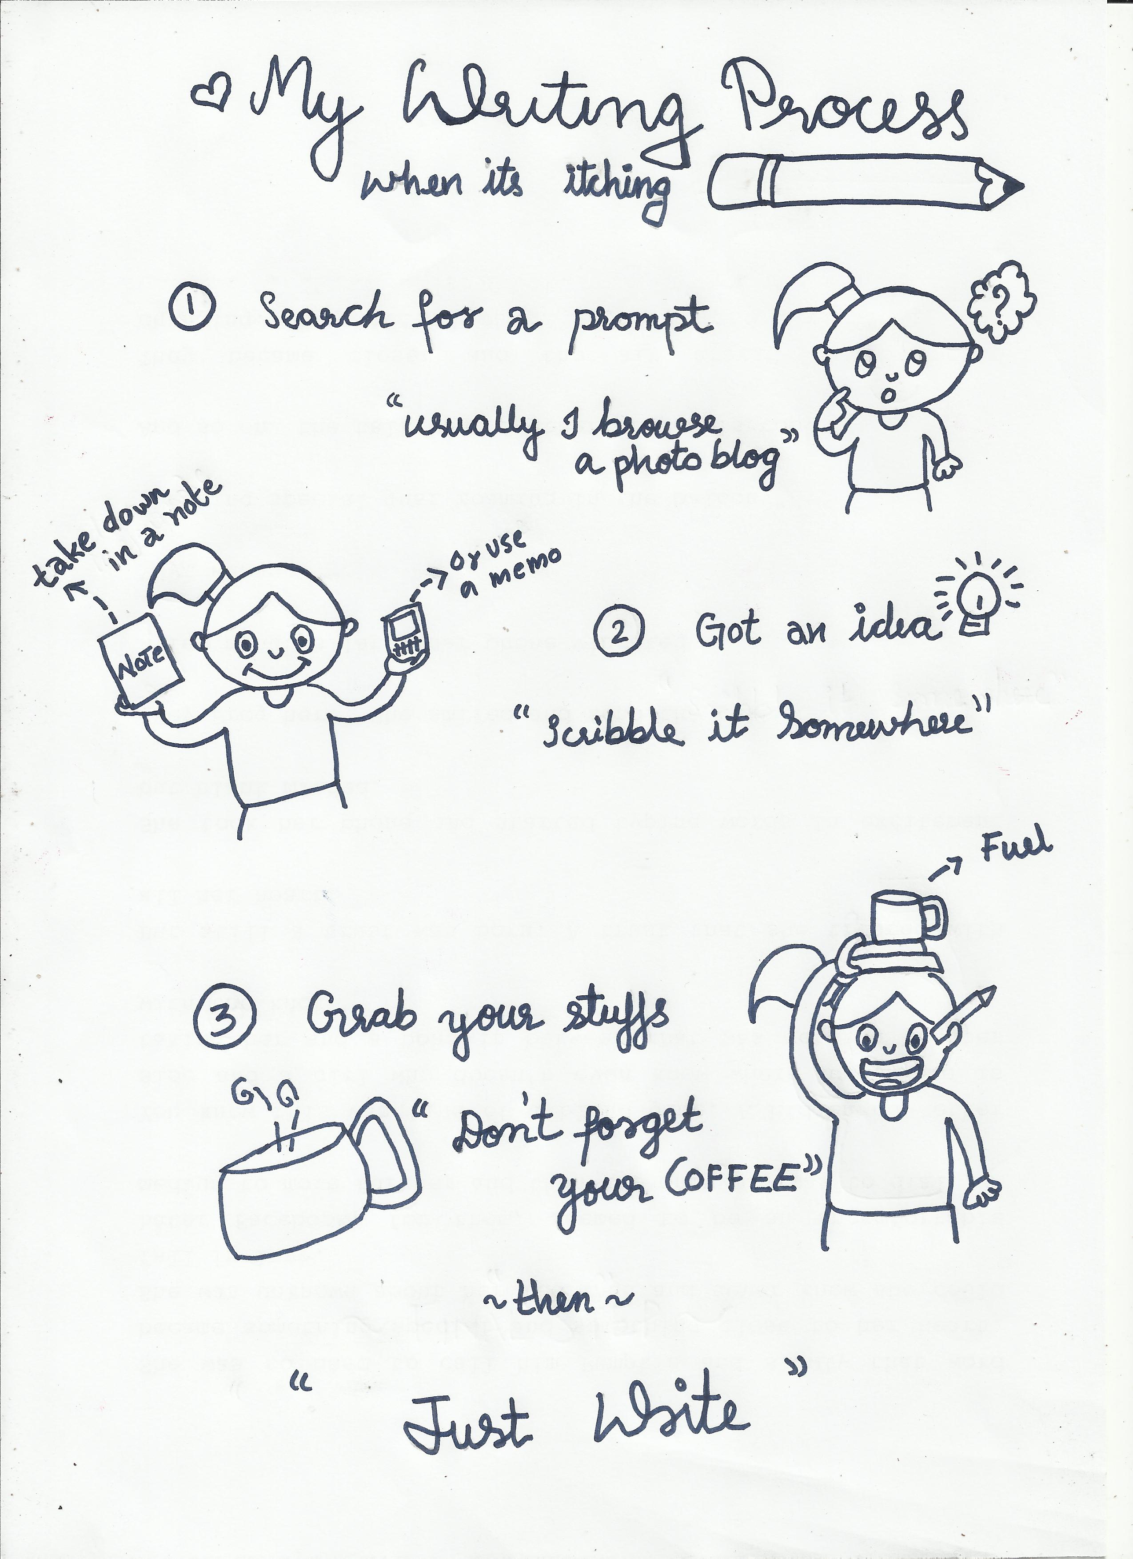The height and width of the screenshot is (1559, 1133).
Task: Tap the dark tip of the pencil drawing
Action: click(x=1014, y=186)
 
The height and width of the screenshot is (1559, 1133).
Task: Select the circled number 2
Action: click(x=619, y=634)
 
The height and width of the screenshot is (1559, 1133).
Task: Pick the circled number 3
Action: click(x=225, y=1023)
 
